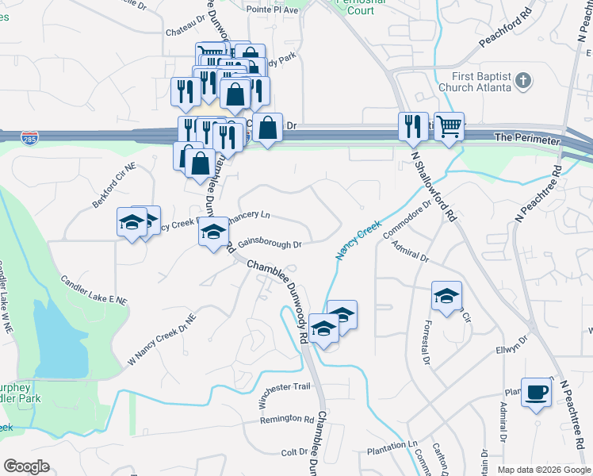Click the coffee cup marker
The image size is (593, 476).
537,393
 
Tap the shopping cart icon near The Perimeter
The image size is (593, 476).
449,126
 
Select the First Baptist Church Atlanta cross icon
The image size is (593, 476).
523,81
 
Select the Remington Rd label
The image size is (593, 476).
287,418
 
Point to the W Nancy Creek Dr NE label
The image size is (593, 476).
162,339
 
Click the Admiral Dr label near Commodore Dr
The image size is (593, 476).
410,251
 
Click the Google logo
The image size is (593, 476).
26,466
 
